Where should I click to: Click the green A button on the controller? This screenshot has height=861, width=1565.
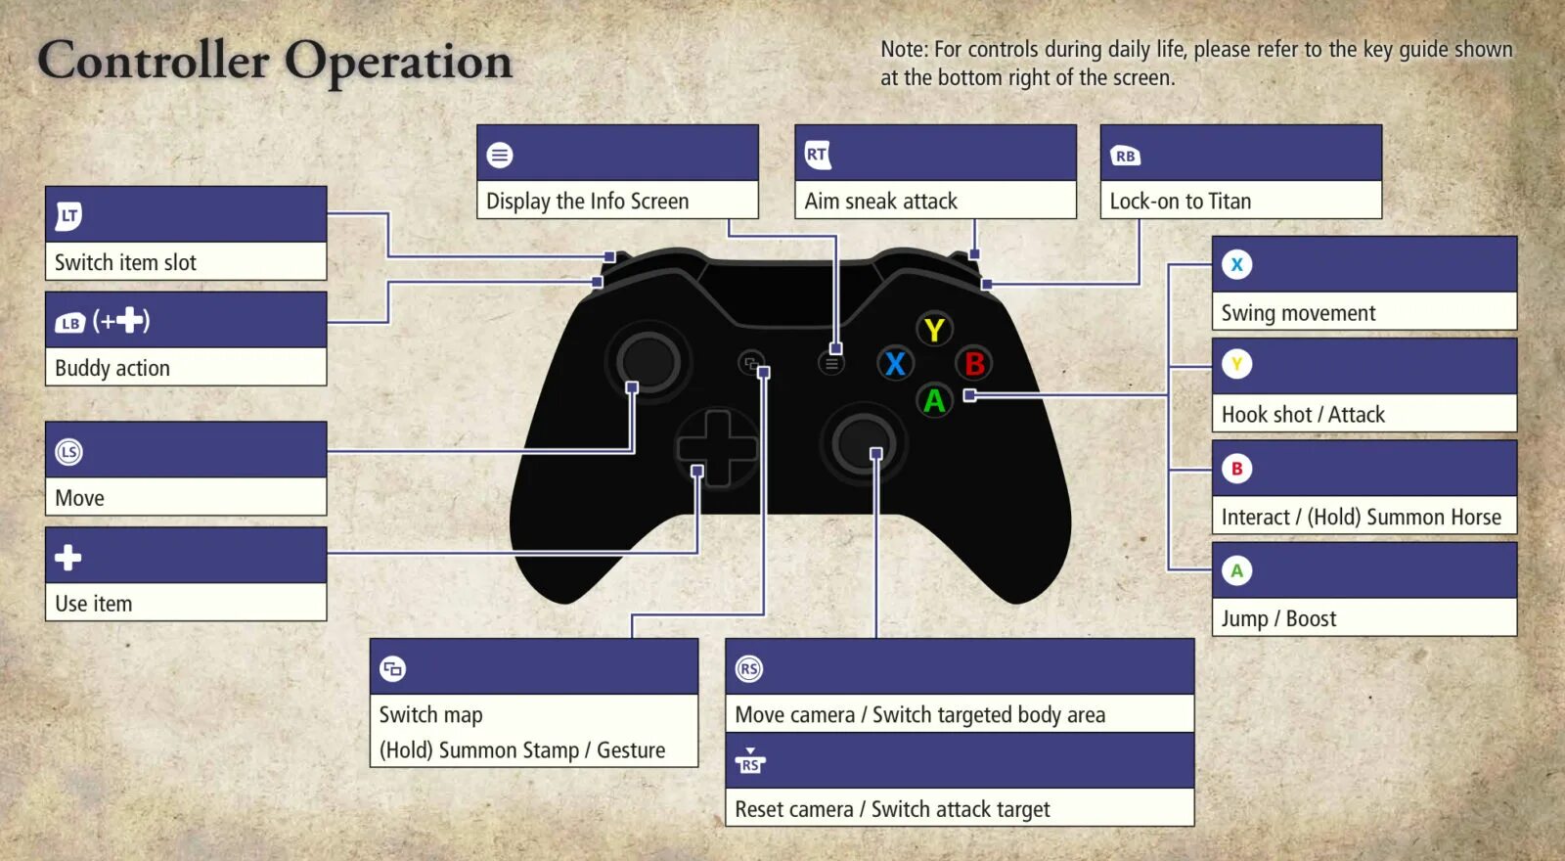click(934, 400)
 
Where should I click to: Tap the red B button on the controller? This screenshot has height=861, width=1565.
click(974, 364)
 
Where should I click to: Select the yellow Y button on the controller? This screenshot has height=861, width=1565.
click(934, 330)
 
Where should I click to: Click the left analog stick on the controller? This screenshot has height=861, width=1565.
click(647, 362)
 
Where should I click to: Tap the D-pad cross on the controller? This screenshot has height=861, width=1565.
click(717, 448)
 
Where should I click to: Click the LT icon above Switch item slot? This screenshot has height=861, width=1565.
click(68, 215)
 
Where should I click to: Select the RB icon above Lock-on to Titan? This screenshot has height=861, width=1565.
click(1125, 156)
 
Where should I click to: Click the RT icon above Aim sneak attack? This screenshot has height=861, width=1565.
click(818, 154)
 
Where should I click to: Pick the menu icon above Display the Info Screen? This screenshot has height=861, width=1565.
click(500, 155)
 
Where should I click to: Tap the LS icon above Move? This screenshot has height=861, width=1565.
click(68, 452)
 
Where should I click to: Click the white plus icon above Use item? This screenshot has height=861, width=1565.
click(68, 558)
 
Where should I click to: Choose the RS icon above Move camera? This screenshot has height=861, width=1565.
click(749, 669)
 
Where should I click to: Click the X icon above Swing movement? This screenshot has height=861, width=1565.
click(1236, 264)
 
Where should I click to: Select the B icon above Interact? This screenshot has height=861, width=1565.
click(1236, 469)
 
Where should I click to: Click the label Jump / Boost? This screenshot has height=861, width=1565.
click(1278, 618)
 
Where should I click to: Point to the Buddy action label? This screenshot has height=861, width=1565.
click(112, 368)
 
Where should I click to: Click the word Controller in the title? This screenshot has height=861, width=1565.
click(154, 61)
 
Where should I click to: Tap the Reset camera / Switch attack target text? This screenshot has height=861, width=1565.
click(892, 809)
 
